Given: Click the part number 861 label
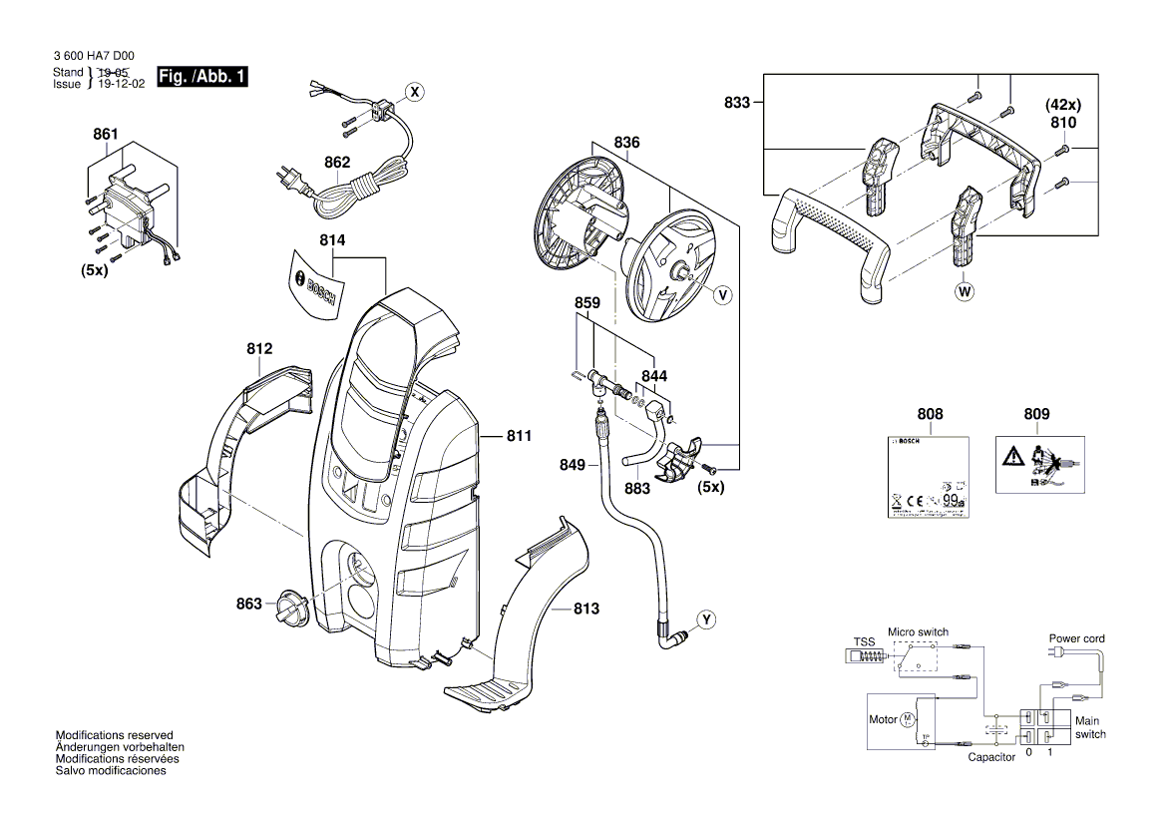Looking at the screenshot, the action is (106, 135).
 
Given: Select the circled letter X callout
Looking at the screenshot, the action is (414, 91).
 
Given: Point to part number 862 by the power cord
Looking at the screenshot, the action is (337, 162).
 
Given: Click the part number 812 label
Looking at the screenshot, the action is (259, 349).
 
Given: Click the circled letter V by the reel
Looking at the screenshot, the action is (722, 294).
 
